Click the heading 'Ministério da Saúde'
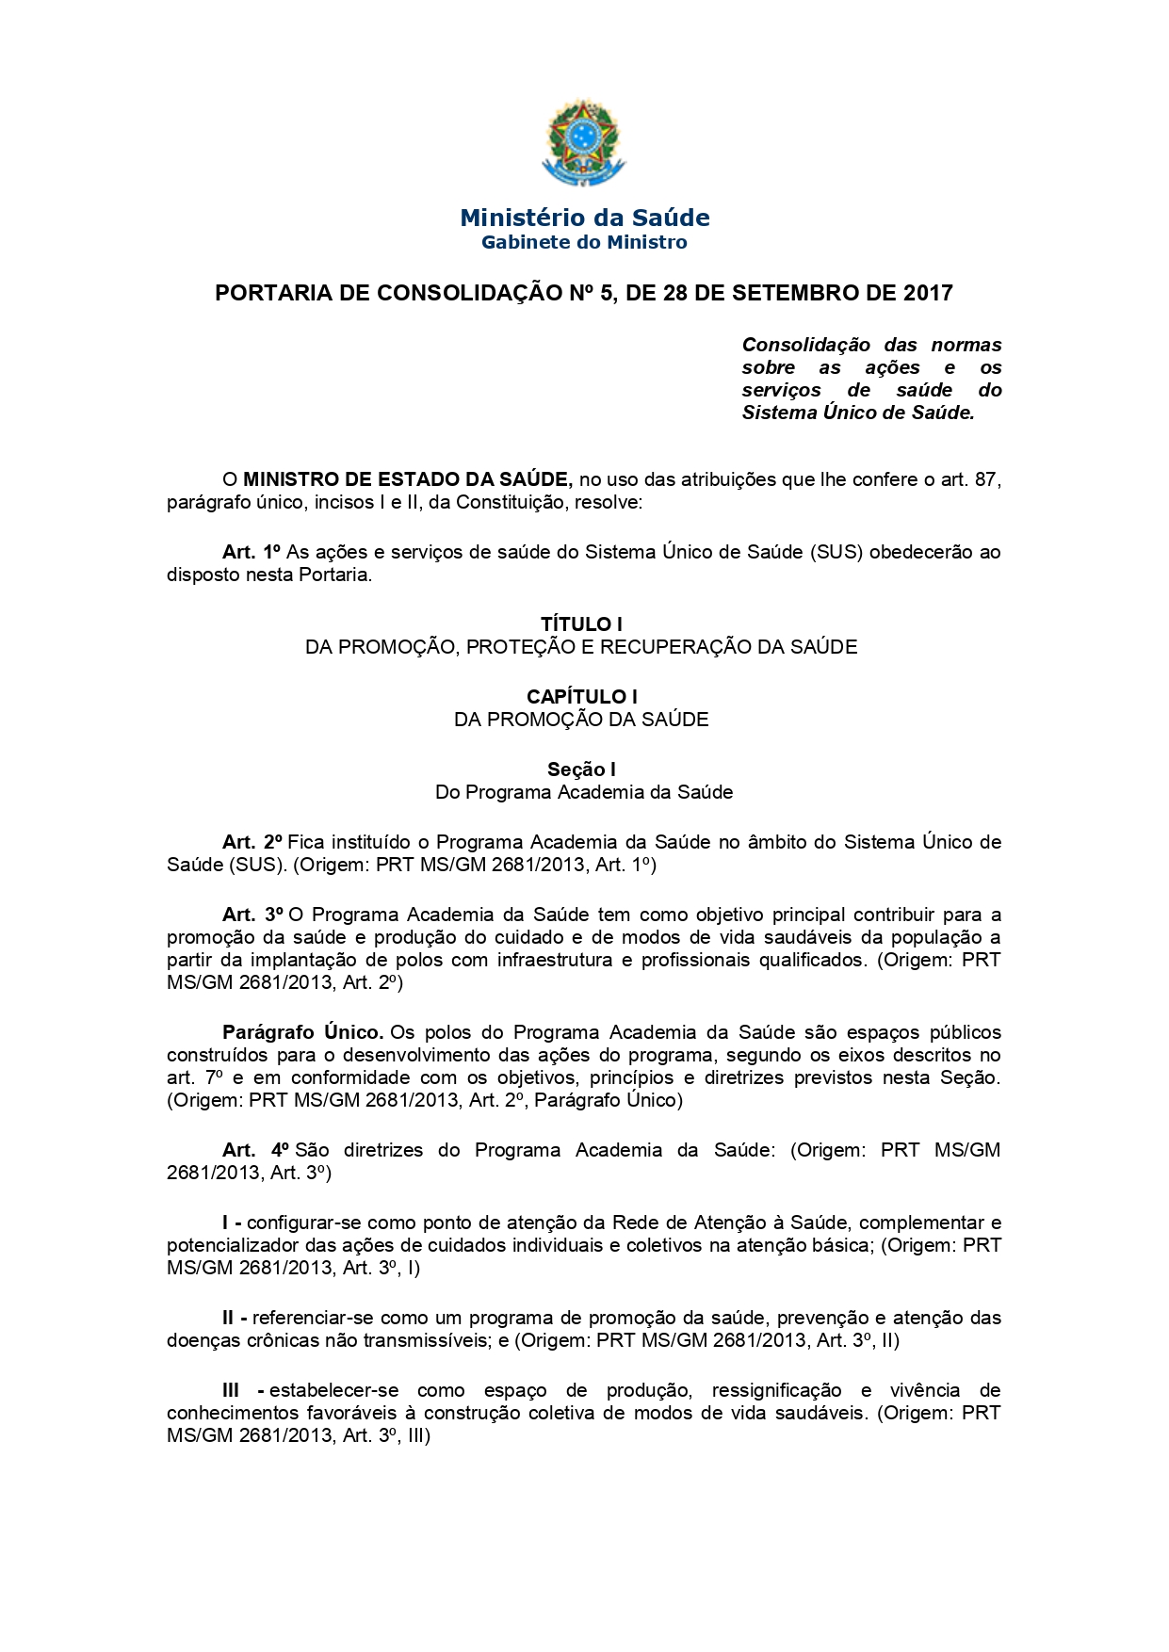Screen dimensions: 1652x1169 click(584, 218)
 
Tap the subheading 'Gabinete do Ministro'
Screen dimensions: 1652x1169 click(584, 243)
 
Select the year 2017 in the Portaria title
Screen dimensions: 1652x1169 click(927, 293)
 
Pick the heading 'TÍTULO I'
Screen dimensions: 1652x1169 click(581, 624)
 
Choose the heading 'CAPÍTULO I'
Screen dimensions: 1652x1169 click(581, 696)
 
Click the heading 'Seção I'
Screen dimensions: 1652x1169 click(581, 769)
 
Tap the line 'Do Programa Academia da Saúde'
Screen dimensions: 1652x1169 click(584, 792)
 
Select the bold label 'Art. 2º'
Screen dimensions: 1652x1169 click(252, 842)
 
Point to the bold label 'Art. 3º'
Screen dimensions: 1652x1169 click(252, 915)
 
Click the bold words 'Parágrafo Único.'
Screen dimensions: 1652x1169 click(302, 1032)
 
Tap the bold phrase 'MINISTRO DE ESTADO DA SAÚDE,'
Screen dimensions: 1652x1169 click(407, 479)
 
